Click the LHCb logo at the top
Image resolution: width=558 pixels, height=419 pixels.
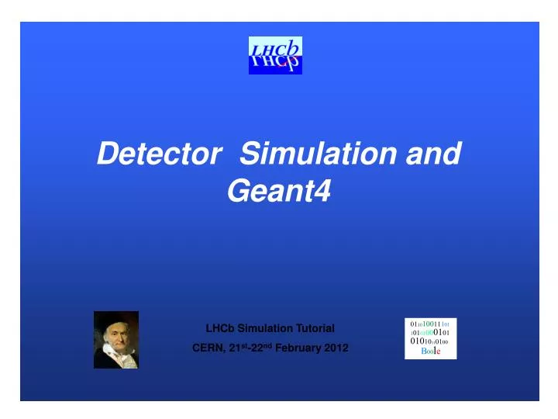click(275, 55)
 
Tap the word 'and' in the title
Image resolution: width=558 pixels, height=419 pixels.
click(434, 154)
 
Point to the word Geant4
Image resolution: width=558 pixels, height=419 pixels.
click(278, 191)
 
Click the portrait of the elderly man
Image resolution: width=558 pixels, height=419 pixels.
click(116, 339)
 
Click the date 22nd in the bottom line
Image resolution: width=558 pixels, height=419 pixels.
click(257, 348)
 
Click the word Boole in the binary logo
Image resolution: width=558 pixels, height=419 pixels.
click(431, 351)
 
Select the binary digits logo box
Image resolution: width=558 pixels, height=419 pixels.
click(431, 338)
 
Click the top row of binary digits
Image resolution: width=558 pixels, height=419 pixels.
click(431, 323)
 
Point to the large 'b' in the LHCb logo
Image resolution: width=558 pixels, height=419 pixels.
click(293, 49)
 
